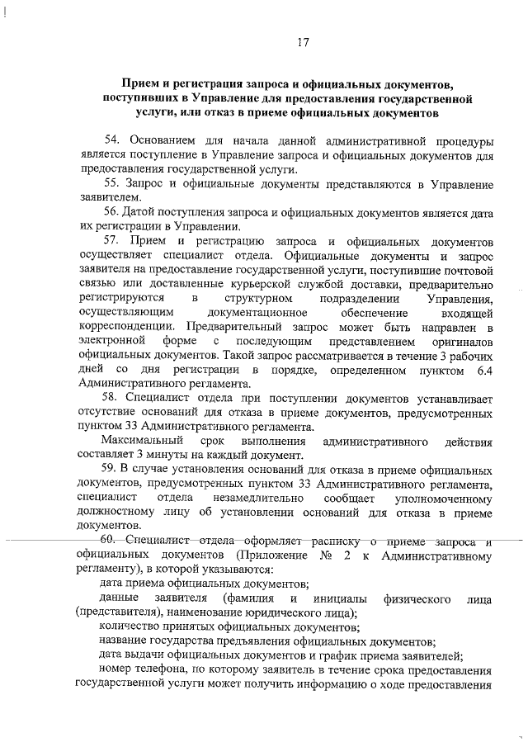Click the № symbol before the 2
(326, 556)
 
